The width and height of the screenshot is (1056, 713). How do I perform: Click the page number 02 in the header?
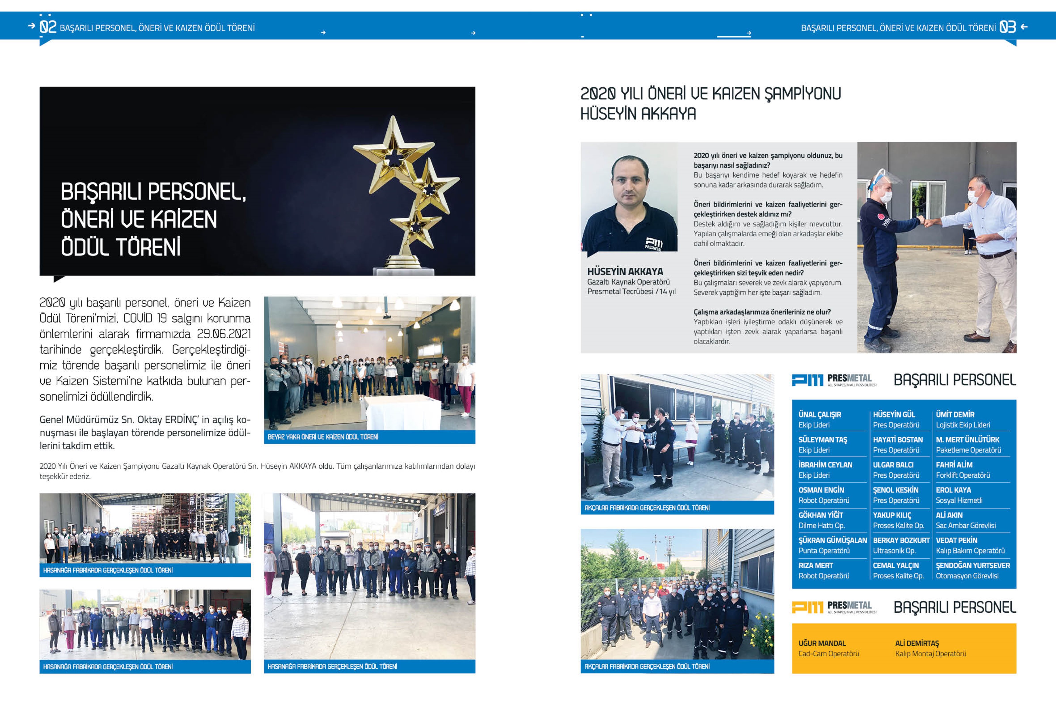click(x=48, y=27)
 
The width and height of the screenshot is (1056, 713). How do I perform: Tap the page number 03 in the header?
click(x=1007, y=27)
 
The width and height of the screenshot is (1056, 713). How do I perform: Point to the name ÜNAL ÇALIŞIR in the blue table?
click(x=820, y=415)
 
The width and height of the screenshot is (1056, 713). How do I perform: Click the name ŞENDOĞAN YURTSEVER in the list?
click(x=972, y=565)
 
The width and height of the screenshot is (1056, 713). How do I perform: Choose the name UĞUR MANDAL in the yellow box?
click(x=822, y=643)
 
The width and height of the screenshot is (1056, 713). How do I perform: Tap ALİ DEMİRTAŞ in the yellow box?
click(x=917, y=643)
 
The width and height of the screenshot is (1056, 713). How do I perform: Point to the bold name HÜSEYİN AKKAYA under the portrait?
click(x=625, y=272)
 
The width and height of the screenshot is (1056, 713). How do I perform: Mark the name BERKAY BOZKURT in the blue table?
click(x=901, y=540)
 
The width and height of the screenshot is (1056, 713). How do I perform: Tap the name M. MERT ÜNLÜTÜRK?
click(x=967, y=439)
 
